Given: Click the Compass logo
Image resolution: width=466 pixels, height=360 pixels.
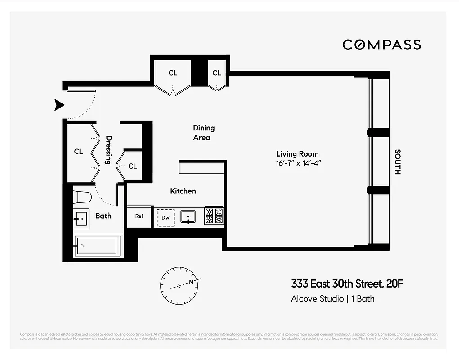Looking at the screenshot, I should pyautogui.click(x=381, y=45).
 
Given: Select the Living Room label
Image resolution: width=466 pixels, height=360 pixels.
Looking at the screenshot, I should pyautogui.click(x=297, y=154).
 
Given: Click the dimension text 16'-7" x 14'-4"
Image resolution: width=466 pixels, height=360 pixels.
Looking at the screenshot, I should pyautogui.click(x=299, y=163).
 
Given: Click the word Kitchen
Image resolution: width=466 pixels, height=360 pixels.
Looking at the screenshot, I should pyautogui.click(x=183, y=191).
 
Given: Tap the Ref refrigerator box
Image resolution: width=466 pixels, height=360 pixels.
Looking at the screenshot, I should pyautogui.click(x=139, y=216).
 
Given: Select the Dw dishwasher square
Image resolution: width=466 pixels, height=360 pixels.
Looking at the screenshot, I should pyautogui.click(x=166, y=217).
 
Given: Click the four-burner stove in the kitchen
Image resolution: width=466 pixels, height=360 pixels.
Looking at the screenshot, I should pyautogui.click(x=214, y=216).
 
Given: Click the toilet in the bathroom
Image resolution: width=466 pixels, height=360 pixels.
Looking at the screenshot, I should pyautogui.click(x=83, y=196).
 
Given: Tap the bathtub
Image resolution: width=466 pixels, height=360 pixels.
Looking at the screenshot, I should pyautogui.click(x=97, y=246).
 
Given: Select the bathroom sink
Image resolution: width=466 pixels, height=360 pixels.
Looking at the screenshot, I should pyautogui.click(x=81, y=219).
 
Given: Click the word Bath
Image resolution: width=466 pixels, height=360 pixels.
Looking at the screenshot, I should pyautogui.click(x=103, y=216).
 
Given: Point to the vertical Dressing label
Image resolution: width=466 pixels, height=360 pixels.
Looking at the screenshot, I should pyautogui.click(x=108, y=150).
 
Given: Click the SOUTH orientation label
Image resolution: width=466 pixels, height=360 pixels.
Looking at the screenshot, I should pyautogui.click(x=397, y=162).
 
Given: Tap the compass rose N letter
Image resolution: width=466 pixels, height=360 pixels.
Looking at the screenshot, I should pyautogui.click(x=191, y=282).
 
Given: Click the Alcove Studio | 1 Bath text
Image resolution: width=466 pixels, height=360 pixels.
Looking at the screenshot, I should pyautogui.click(x=332, y=298).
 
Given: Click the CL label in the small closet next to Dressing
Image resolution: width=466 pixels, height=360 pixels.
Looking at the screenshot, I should pyautogui.click(x=132, y=166).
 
